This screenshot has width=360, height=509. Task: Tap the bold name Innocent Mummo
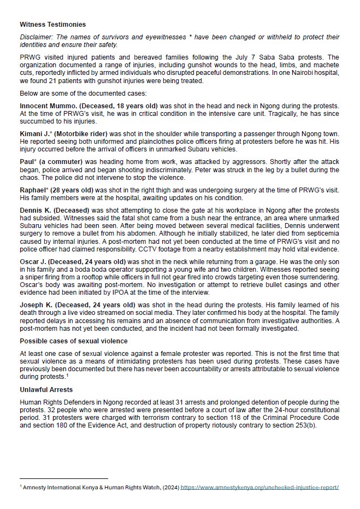pos(44,104)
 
